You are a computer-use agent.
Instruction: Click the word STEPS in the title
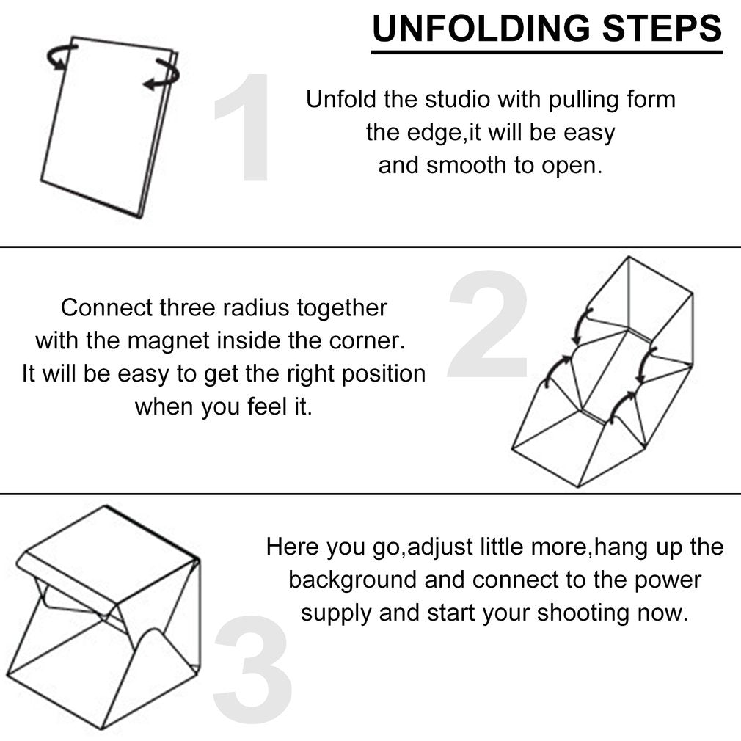click(662, 29)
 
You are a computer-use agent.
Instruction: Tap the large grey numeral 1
click(248, 127)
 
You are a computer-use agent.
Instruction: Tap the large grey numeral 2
click(488, 324)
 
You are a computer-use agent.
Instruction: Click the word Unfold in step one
click(341, 99)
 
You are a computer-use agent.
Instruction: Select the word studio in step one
click(458, 99)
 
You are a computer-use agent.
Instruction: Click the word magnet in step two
click(168, 340)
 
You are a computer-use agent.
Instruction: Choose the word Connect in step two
click(107, 307)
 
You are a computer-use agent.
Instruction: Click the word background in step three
click(353, 580)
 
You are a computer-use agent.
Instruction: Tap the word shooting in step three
click(583, 613)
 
